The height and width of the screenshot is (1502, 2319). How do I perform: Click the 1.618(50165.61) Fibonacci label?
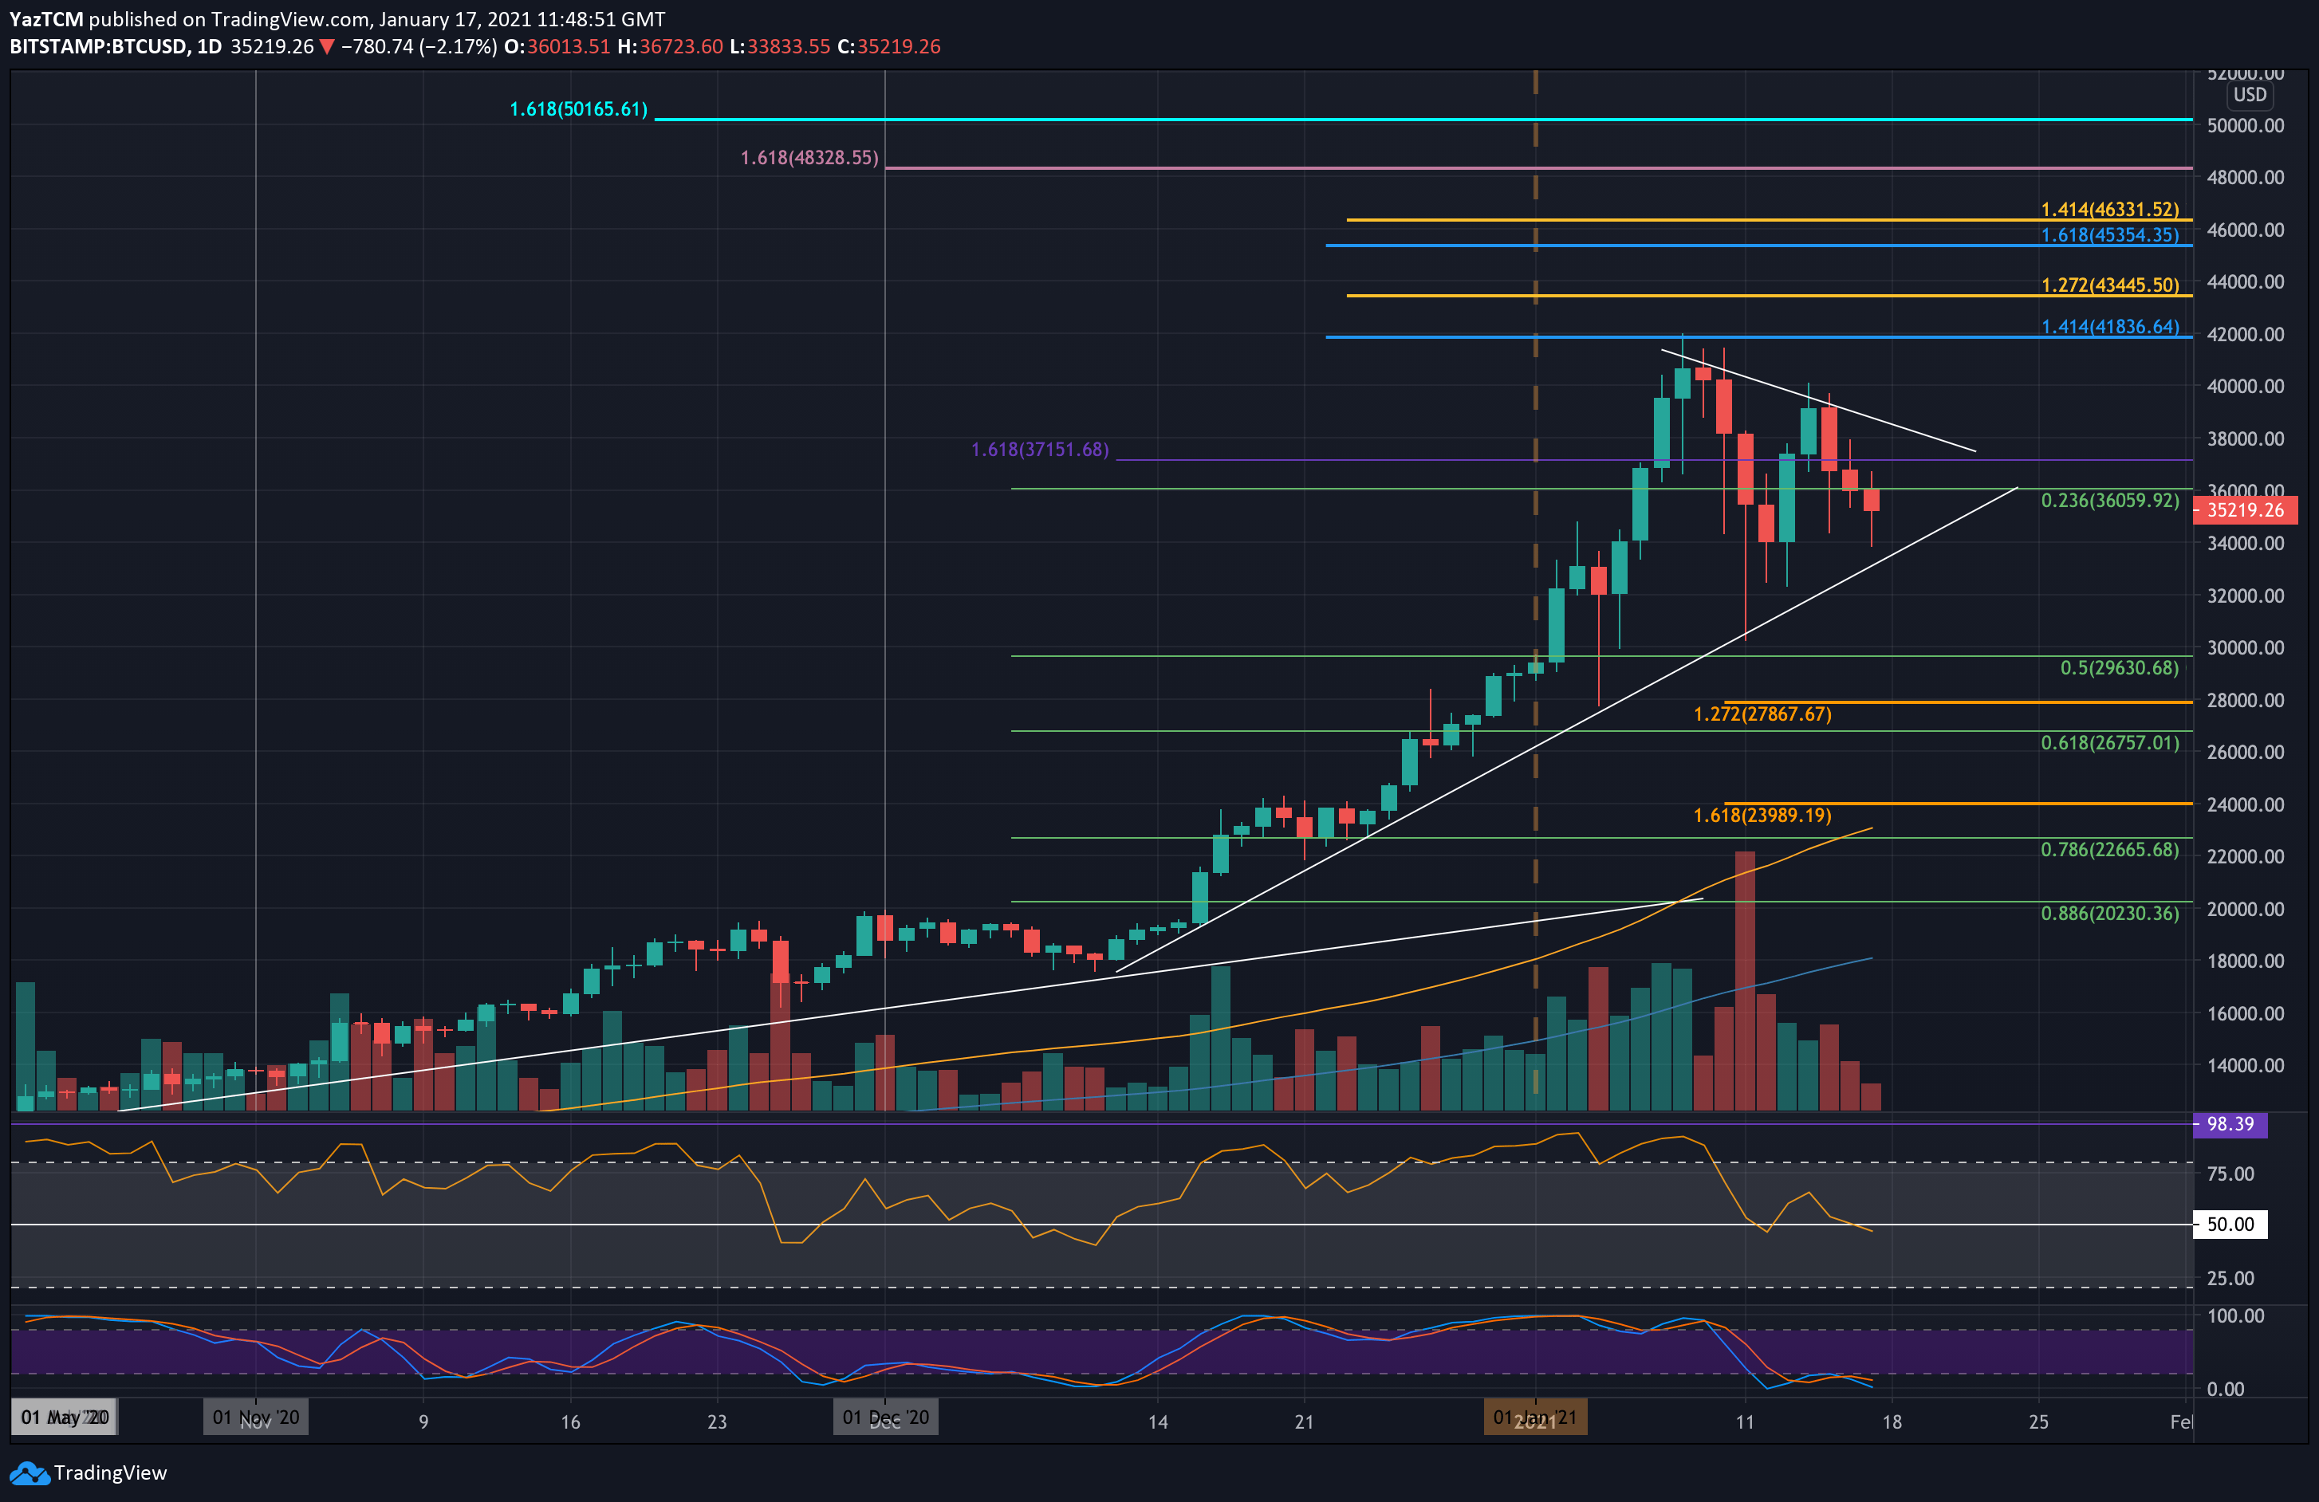578,109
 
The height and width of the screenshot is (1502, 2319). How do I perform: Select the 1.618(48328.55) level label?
809,158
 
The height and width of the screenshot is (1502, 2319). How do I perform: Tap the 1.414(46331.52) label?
2109,210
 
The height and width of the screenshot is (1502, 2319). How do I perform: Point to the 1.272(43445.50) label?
2109,285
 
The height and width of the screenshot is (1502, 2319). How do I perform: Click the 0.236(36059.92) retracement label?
2109,501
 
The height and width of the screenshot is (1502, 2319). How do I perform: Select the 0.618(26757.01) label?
2109,743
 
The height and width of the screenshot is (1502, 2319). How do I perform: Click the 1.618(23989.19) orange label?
1762,816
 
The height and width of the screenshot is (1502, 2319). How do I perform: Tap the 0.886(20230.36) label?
2109,914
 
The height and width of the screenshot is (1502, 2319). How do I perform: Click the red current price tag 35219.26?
2244,510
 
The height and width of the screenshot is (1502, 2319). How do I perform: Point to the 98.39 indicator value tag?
2230,1125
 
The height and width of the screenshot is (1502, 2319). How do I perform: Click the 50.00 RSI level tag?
2230,1225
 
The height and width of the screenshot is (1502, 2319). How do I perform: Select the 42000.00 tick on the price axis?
2244,334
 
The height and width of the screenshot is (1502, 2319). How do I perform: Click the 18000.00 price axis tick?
2244,961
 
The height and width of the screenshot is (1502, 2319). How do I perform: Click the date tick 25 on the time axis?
2038,1422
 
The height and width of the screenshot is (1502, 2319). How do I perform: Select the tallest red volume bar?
1744,980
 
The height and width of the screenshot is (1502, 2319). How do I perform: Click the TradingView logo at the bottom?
89,1473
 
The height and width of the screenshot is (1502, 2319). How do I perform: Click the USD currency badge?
2250,96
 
